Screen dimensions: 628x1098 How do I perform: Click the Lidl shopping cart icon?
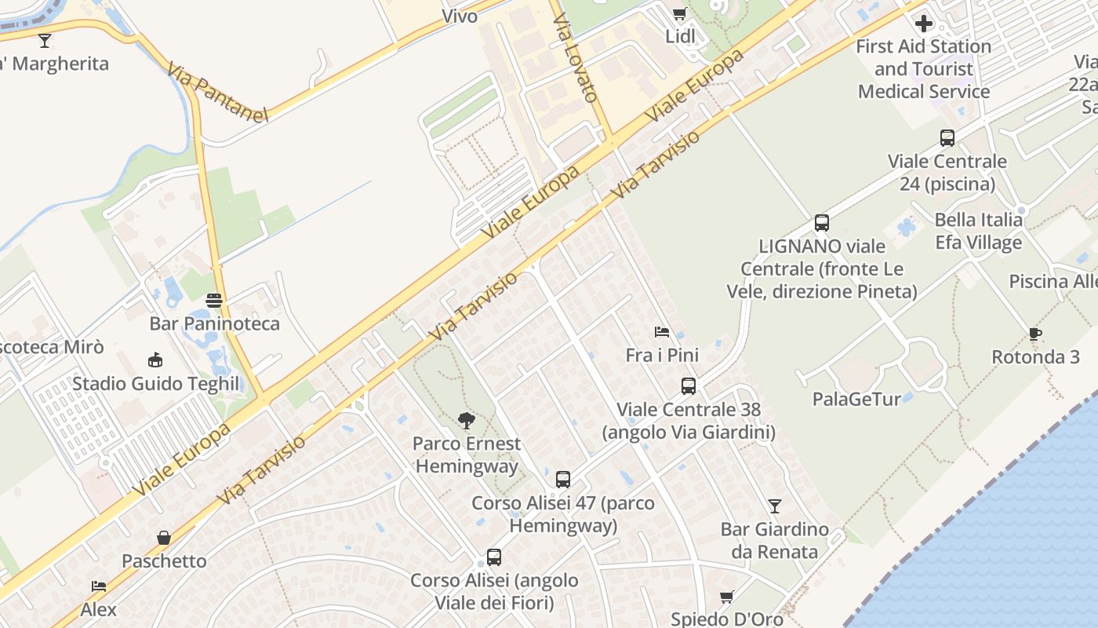pyautogui.click(x=679, y=13)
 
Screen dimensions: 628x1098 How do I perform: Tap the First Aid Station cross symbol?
pyautogui.click(x=924, y=23)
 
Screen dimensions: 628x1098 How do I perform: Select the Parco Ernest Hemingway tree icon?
pyautogui.click(x=467, y=421)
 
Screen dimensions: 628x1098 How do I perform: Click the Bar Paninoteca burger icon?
pyautogui.click(x=214, y=300)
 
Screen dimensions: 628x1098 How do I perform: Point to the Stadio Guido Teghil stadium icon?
pyautogui.click(x=155, y=360)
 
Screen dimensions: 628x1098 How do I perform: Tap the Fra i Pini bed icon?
pyautogui.click(x=662, y=332)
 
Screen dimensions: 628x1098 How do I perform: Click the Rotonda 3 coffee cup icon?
pyautogui.click(x=1035, y=334)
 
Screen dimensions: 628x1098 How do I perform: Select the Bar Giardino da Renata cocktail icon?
pyautogui.click(x=775, y=506)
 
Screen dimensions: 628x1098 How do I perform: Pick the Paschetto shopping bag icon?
pyautogui.click(x=164, y=538)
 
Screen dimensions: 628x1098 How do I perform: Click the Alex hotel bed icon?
pyautogui.click(x=99, y=586)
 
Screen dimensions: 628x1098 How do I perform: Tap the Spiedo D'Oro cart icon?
pyautogui.click(x=727, y=597)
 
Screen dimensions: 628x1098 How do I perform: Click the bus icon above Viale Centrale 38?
pyautogui.click(x=689, y=386)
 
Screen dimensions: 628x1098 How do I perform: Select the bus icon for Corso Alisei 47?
pyautogui.click(x=563, y=480)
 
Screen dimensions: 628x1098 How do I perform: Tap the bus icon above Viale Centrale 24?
pyautogui.click(x=947, y=138)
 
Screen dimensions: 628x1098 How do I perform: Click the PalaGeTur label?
pyautogui.click(x=856, y=399)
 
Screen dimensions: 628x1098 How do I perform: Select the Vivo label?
pyautogui.click(x=460, y=16)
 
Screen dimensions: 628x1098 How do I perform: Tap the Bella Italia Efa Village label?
pyautogui.click(x=979, y=231)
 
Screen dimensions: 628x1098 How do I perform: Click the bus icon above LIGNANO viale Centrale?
pyautogui.click(x=822, y=223)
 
